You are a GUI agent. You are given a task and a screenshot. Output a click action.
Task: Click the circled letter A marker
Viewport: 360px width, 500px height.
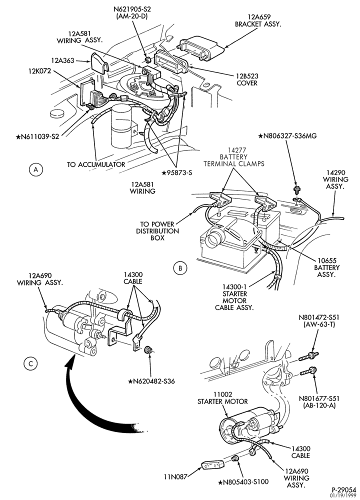tap(35, 169)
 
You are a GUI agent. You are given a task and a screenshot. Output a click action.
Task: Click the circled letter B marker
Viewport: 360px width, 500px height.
tap(180, 268)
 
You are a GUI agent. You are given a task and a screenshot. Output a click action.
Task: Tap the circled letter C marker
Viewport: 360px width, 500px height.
tap(31, 363)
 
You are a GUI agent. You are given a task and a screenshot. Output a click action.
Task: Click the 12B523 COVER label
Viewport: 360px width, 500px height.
tap(247, 79)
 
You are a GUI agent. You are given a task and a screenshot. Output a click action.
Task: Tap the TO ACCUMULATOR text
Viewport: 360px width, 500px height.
tap(95, 164)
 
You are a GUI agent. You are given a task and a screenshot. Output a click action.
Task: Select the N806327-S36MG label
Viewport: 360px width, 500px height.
tap(287, 136)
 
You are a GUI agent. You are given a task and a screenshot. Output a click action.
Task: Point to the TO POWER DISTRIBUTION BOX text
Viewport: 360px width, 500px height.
tap(157, 231)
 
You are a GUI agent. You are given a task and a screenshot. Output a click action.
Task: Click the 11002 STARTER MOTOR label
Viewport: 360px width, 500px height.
tap(222, 397)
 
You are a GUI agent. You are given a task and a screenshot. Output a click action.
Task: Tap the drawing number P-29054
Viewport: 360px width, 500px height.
tap(343, 489)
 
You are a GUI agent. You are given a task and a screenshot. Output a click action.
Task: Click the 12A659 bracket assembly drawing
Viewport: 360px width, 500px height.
tap(199, 48)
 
